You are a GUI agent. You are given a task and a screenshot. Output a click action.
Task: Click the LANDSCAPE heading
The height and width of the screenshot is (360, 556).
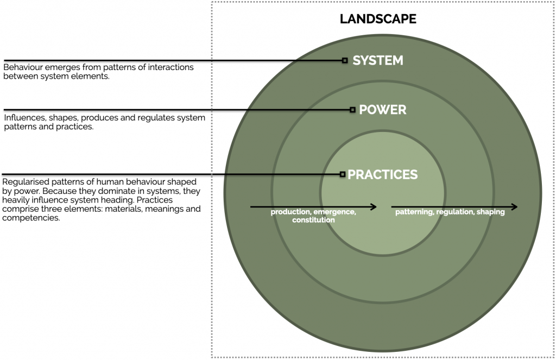[x=378, y=20]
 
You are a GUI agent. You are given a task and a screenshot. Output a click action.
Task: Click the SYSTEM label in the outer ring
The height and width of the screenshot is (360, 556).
[x=378, y=60]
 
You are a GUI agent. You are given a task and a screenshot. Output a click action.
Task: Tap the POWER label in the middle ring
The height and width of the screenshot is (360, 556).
[x=383, y=110]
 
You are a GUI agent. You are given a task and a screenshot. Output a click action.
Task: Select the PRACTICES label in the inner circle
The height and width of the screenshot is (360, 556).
[x=383, y=175]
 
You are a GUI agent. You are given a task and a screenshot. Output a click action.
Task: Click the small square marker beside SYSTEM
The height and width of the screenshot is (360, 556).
[x=345, y=60]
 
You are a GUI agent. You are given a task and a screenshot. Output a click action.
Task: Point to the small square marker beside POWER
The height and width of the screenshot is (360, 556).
[x=352, y=110]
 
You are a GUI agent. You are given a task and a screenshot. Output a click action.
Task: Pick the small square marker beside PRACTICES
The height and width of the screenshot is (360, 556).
[x=343, y=174]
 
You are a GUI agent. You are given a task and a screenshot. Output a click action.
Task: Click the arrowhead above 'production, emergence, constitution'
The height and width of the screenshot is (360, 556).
[x=373, y=207]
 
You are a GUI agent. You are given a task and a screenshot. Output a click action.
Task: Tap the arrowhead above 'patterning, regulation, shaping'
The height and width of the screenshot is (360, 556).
[x=514, y=207]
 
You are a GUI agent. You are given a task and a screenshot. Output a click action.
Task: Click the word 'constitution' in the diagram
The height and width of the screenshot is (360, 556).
[x=313, y=220]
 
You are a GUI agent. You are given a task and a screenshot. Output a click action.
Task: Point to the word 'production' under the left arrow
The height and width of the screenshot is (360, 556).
[x=290, y=212]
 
